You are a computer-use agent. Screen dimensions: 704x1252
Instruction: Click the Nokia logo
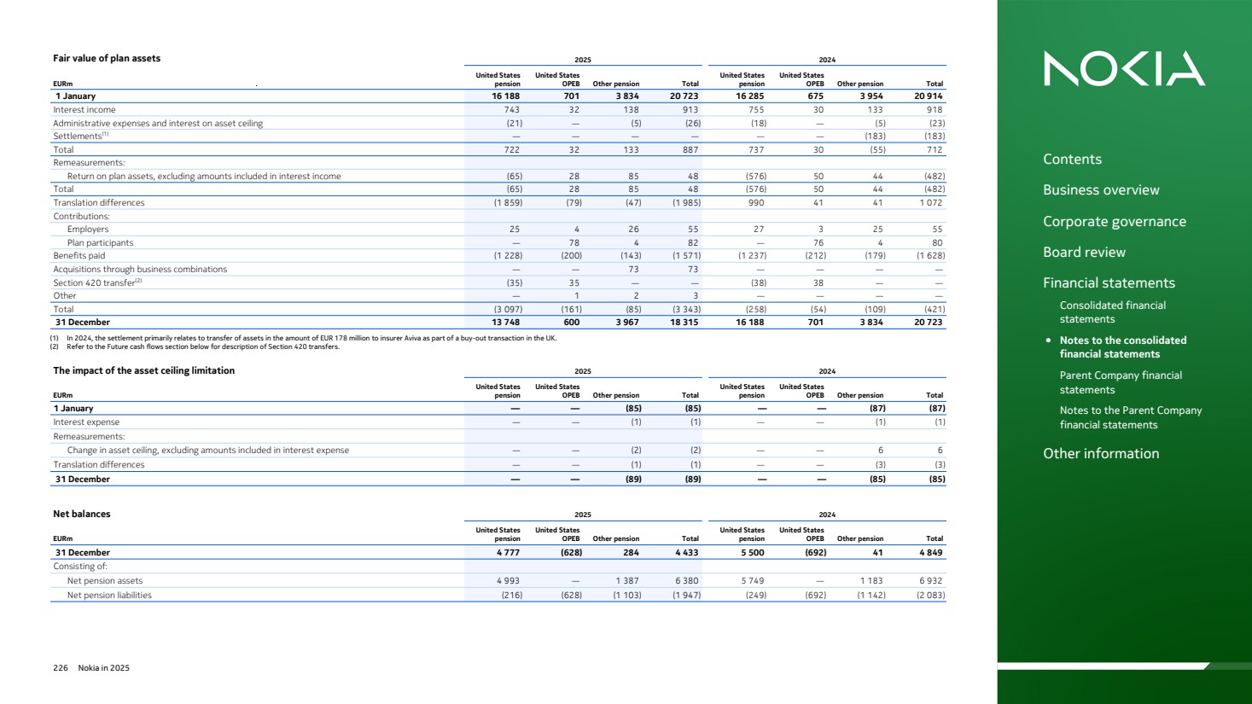(1124, 68)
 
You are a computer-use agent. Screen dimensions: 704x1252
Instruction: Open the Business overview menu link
(1101, 190)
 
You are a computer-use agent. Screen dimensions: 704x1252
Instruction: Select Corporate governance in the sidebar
(1114, 222)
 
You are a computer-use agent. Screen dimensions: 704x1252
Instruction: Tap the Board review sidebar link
(1084, 253)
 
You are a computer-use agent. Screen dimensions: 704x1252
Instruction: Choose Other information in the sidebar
(1101, 454)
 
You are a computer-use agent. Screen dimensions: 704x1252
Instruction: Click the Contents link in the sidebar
(1072, 160)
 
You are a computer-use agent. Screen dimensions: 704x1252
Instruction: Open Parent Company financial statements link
(1121, 382)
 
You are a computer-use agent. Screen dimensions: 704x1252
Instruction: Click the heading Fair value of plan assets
(107, 59)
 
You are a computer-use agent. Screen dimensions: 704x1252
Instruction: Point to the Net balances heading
(82, 515)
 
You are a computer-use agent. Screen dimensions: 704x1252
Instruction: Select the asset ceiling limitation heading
(143, 371)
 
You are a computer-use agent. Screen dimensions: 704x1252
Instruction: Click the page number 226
(61, 668)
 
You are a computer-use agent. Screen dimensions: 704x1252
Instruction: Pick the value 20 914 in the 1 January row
(928, 96)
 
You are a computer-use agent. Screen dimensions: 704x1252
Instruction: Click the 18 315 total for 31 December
(684, 323)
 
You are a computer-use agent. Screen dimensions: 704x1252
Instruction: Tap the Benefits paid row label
(79, 256)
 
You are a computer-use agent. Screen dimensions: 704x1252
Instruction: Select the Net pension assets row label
(105, 581)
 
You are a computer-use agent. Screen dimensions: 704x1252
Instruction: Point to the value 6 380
(686, 581)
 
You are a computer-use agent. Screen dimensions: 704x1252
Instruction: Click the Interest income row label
(84, 110)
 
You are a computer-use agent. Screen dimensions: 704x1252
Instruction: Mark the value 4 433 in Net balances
(686, 553)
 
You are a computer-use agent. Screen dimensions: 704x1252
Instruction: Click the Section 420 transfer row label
(94, 283)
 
